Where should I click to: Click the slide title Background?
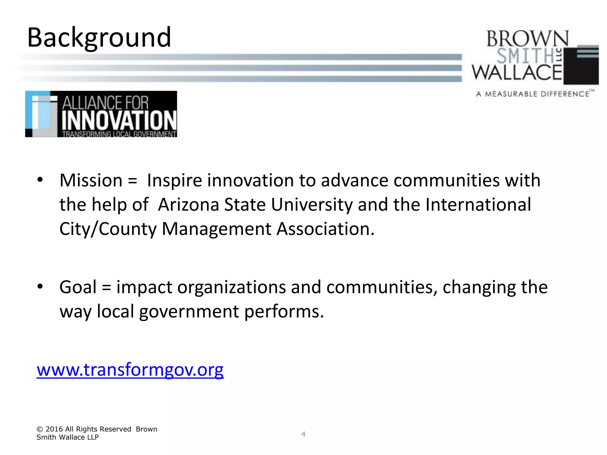(x=99, y=38)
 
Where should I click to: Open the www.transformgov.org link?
(x=130, y=370)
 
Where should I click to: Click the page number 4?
(x=303, y=434)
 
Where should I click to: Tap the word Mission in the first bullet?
(x=91, y=180)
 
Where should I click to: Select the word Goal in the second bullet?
(x=78, y=287)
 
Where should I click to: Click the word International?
(x=478, y=205)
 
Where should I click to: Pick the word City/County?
(x=108, y=229)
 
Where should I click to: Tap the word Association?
(x=325, y=229)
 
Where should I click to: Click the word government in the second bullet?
(x=189, y=312)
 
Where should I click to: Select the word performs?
(x=284, y=312)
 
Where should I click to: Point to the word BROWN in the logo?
(x=528, y=39)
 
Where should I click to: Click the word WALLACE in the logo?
(x=517, y=72)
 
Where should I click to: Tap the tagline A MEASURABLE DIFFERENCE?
(x=533, y=94)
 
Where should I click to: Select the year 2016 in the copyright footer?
(x=54, y=429)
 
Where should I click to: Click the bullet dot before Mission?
(x=40, y=180)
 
